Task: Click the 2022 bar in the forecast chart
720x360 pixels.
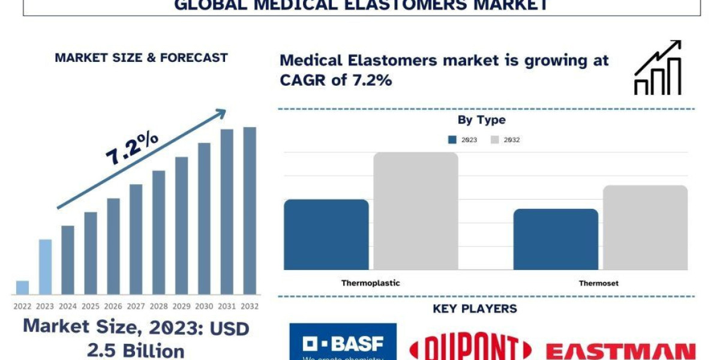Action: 22,287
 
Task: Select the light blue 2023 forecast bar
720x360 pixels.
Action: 46,267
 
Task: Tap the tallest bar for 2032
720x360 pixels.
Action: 250,211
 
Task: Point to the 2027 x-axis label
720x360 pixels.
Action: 136,306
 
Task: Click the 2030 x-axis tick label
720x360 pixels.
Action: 205,306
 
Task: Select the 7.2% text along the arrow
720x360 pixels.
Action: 132,148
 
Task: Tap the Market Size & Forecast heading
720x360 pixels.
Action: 141,58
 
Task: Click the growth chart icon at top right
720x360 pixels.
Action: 658,68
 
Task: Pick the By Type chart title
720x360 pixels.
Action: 481,120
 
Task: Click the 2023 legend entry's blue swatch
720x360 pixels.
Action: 452,140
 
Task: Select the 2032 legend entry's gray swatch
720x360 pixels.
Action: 495,140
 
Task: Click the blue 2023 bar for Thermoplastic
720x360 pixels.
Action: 326,234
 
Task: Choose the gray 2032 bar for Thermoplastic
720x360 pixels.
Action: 416,211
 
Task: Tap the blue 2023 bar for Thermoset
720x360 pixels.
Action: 556,239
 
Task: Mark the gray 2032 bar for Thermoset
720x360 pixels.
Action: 645,227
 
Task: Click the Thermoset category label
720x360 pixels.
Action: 598,283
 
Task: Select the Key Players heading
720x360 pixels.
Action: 475,309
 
